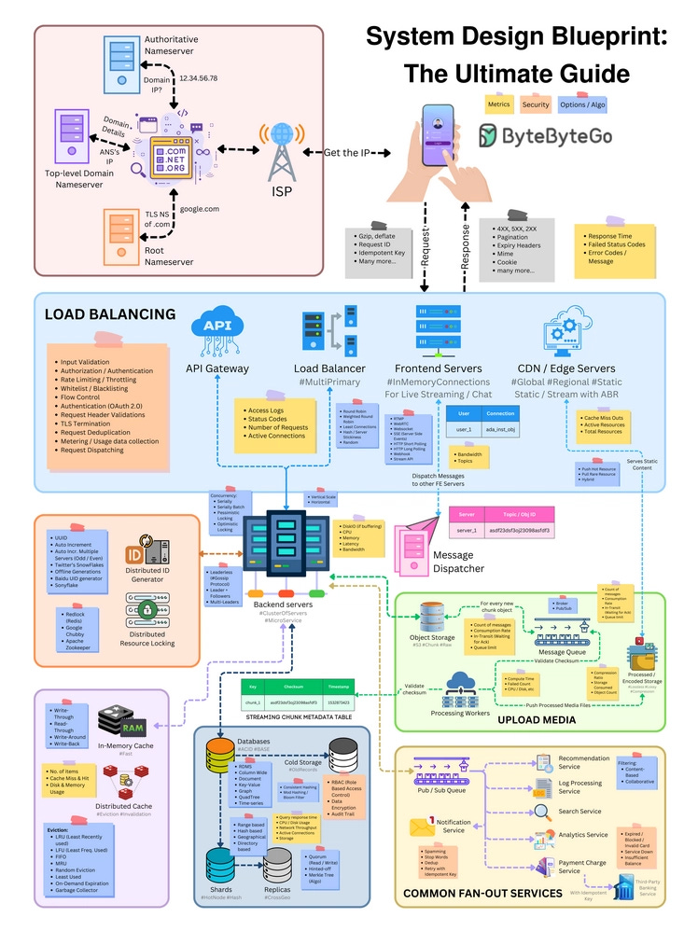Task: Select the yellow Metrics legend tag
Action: pyautogui.click(x=499, y=104)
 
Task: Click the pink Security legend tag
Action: pyautogui.click(x=536, y=104)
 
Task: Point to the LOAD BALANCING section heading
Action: pyautogui.click(x=110, y=314)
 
